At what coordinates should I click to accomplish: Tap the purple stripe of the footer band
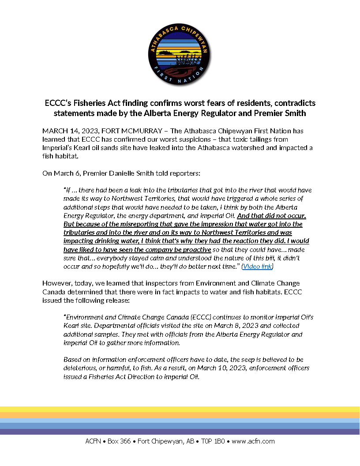pyautogui.click(x=180, y=432)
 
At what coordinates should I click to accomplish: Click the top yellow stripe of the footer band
pyautogui.click(x=180, y=409)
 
